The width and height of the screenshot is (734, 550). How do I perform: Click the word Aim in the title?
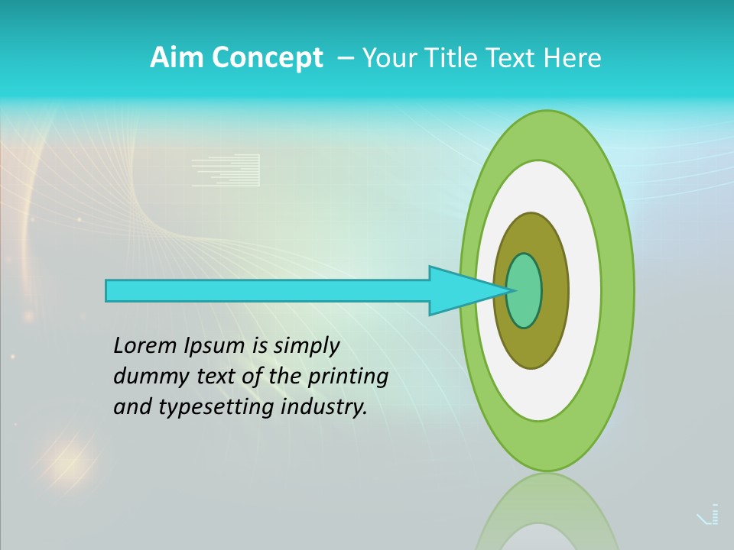click(174, 58)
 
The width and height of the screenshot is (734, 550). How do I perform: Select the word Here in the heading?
click(572, 58)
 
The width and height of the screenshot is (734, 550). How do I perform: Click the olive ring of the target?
click(554, 290)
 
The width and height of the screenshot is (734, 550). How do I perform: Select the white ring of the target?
click(584, 290)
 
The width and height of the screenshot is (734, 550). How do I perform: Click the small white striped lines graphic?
click(226, 170)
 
